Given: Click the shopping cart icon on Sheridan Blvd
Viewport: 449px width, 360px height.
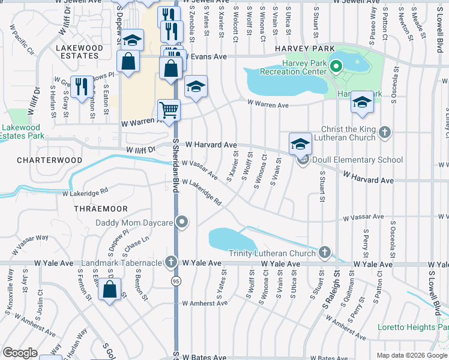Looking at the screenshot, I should click(x=169, y=110).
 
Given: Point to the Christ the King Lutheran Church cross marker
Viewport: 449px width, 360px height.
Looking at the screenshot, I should click(x=385, y=133).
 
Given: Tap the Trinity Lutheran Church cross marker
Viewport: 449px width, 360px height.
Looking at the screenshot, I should click(x=325, y=253).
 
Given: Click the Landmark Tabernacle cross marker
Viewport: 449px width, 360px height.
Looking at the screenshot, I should click(x=172, y=262).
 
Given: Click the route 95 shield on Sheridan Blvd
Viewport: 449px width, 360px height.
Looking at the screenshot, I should click(x=176, y=281).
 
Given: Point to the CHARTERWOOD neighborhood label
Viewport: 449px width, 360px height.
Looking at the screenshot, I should click(x=41, y=161).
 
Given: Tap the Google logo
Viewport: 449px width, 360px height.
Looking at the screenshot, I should click(x=20, y=353).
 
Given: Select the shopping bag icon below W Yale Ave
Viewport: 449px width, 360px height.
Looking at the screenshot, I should click(x=110, y=289).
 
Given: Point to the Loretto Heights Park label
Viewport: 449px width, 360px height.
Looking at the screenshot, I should click(x=413, y=327).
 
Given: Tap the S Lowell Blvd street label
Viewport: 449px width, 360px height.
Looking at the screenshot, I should click(x=432, y=290).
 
